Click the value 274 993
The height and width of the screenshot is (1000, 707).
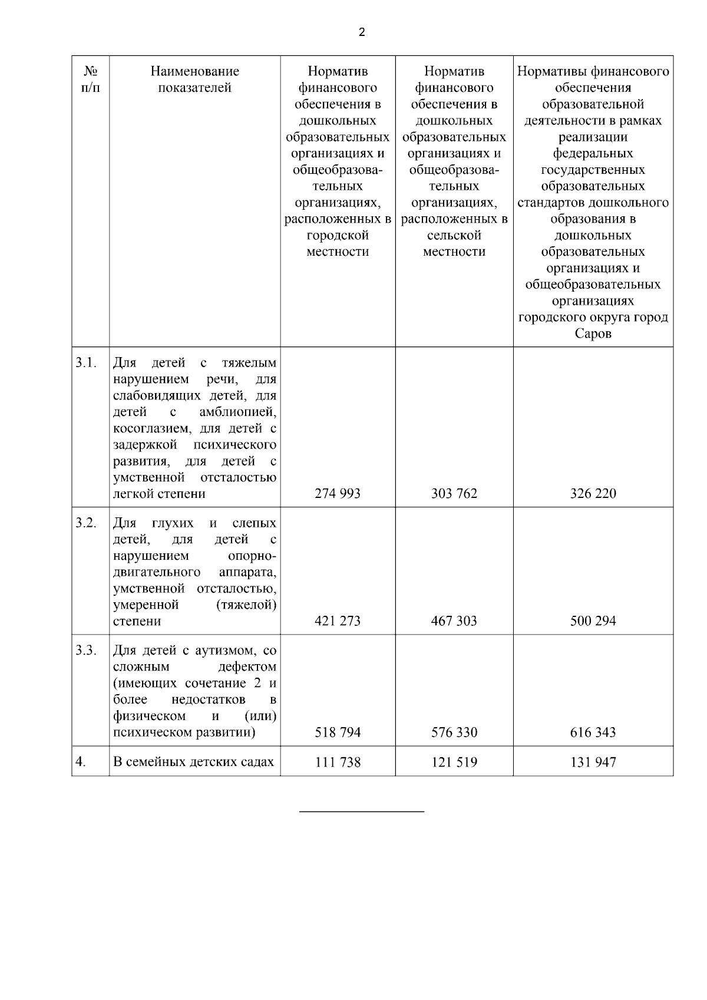point(338,494)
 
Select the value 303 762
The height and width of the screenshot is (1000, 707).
point(454,494)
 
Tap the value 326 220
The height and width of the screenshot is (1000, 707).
point(593,494)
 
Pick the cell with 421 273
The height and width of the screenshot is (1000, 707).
point(338,621)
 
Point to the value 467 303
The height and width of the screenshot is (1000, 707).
point(454,621)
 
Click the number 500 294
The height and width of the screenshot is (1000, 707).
point(593,621)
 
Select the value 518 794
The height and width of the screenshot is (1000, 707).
point(338,732)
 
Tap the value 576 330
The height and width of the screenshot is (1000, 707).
point(454,732)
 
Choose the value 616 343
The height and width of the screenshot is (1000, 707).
point(593,732)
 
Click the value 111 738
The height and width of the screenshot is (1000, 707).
point(338,763)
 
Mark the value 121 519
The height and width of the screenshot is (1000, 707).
point(454,763)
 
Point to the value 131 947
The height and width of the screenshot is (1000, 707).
point(593,763)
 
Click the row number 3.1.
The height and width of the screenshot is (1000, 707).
point(86,362)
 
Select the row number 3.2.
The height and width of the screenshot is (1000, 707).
point(86,523)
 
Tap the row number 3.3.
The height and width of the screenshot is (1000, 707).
point(86,651)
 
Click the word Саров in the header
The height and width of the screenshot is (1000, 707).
point(593,334)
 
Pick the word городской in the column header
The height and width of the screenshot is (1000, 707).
point(338,236)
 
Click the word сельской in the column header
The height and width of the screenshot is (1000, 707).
point(454,236)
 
